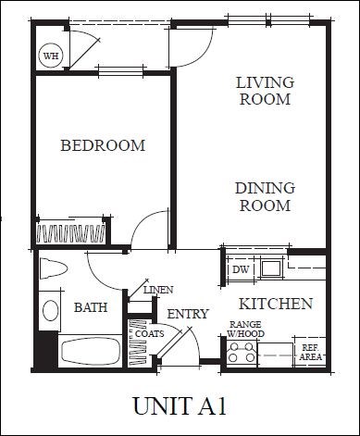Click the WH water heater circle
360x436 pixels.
pyautogui.click(x=51, y=56)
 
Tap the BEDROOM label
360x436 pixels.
pyautogui.click(x=103, y=145)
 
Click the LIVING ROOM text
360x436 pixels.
pyautogui.click(x=266, y=91)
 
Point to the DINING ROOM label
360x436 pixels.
pyautogui.click(x=266, y=197)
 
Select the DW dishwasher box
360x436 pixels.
pyautogui.click(x=241, y=269)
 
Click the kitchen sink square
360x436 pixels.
pyautogui.click(x=271, y=268)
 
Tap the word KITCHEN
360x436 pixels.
pyautogui.click(x=276, y=304)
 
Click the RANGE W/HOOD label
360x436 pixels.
pyautogui.click(x=246, y=329)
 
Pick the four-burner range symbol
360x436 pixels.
pyautogui.click(x=242, y=355)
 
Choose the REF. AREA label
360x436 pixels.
pyautogui.click(x=310, y=353)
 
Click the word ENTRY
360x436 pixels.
pyautogui.click(x=188, y=314)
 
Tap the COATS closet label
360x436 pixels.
pyautogui.click(x=150, y=334)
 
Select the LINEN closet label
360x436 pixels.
pyautogui.click(x=158, y=290)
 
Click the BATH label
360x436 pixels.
pyautogui.click(x=91, y=307)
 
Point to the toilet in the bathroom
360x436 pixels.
pyautogui.click(x=53, y=268)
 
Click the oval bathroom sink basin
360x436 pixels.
pyautogui.click(x=51, y=310)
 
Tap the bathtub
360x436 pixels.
pyautogui.click(x=91, y=351)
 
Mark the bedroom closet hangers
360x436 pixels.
pyautogui.click(x=70, y=233)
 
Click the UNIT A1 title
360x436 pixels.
pyautogui.click(x=180, y=406)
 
